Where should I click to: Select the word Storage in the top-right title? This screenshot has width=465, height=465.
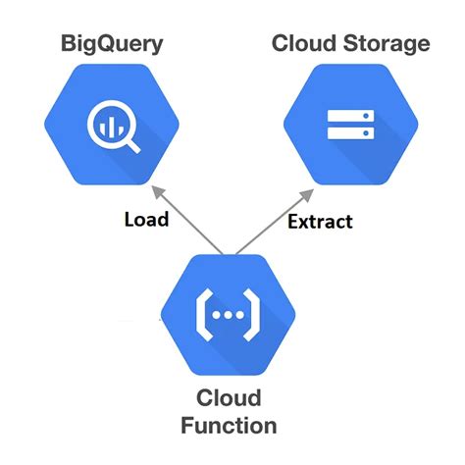point(387,44)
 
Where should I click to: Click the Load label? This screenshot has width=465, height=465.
point(145,219)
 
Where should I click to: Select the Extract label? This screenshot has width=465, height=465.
point(320,222)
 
